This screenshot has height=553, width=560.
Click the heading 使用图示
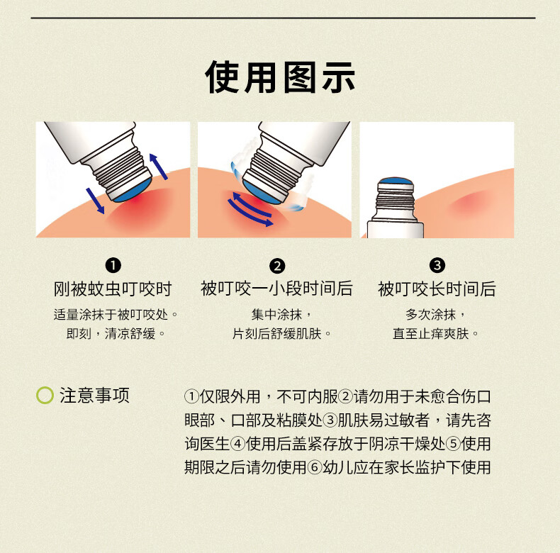[279, 77]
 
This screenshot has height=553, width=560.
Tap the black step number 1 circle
[113, 265]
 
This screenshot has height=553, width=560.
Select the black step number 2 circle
[277, 266]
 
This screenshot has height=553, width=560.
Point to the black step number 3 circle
[437, 265]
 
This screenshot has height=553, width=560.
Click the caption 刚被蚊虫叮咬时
[113, 289]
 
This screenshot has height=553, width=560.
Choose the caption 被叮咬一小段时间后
[276, 289]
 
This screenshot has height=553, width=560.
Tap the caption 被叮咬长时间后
[437, 289]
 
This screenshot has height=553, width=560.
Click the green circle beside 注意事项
[45, 396]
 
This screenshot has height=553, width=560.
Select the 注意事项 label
[95, 396]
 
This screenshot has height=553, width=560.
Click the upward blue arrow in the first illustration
[158, 166]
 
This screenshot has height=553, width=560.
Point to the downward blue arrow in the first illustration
[96, 201]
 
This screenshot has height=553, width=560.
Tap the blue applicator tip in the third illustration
[396, 180]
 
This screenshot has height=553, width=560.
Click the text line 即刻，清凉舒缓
[116, 334]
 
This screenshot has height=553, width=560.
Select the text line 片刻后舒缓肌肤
[281, 334]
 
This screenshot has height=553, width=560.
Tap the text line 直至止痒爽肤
[435, 334]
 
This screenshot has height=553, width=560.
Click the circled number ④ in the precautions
[238, 444]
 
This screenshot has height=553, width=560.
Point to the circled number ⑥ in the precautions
[315, 468]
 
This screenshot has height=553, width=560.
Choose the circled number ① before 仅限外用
[192, 397]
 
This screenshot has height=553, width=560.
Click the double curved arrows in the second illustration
[251, 209]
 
